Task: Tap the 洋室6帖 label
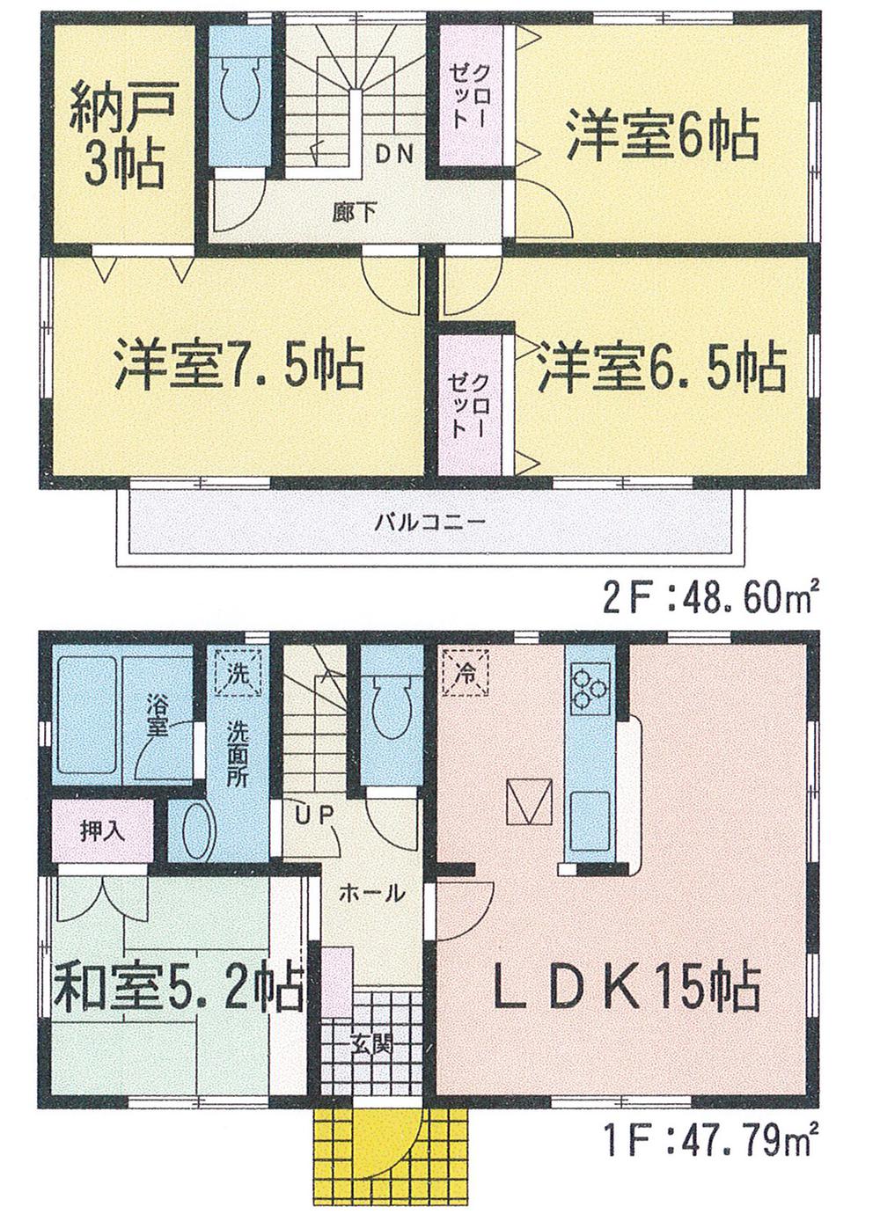pyautogui.click(x=662, y=135)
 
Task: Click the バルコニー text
pyautogui.click(x=430, y=521)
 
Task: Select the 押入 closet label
pyautogui.click(x=103, y=830)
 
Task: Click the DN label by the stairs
pyautogui.click(x=393, y=155)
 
